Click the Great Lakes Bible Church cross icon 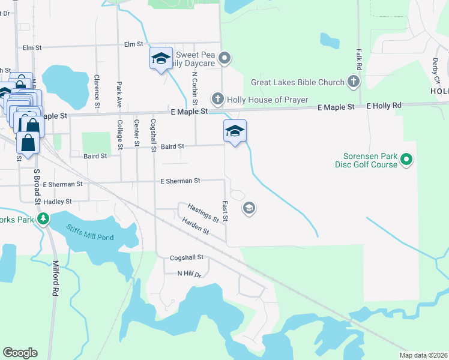[354, 82]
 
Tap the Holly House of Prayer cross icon [217, 99]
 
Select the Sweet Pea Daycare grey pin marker [224, 58]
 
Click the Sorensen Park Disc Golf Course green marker [406, 160]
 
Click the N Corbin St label [194, 88]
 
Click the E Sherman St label [180, 181]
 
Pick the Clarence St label [97, 89]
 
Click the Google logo [20, 353]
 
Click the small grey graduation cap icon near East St [249, 208]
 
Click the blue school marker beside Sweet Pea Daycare [161, 59]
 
